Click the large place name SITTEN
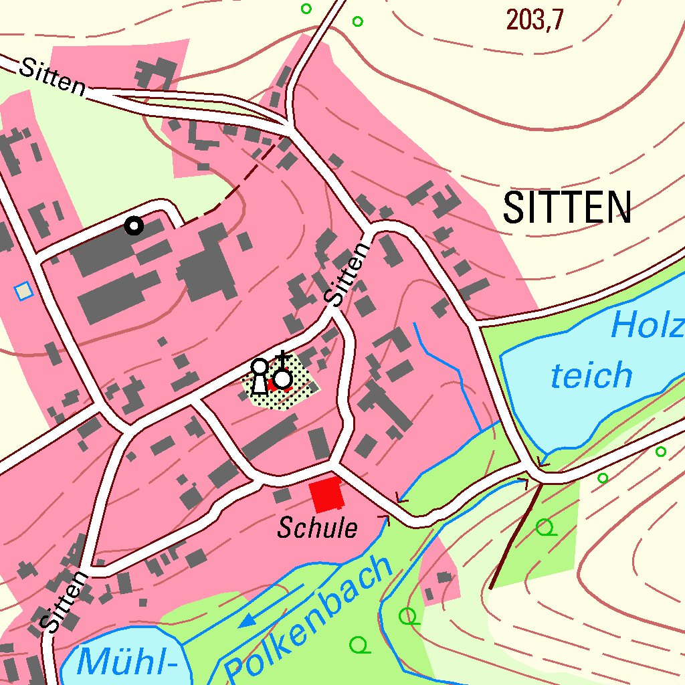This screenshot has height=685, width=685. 567,207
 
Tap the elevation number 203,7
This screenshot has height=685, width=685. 534,21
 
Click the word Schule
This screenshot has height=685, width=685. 318,529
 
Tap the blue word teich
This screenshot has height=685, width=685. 591,375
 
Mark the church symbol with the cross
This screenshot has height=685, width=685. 284,377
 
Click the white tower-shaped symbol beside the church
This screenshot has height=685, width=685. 259,377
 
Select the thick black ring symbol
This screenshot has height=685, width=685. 134,226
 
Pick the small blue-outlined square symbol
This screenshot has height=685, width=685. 24,291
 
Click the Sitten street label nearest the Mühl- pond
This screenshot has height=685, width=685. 64,603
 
